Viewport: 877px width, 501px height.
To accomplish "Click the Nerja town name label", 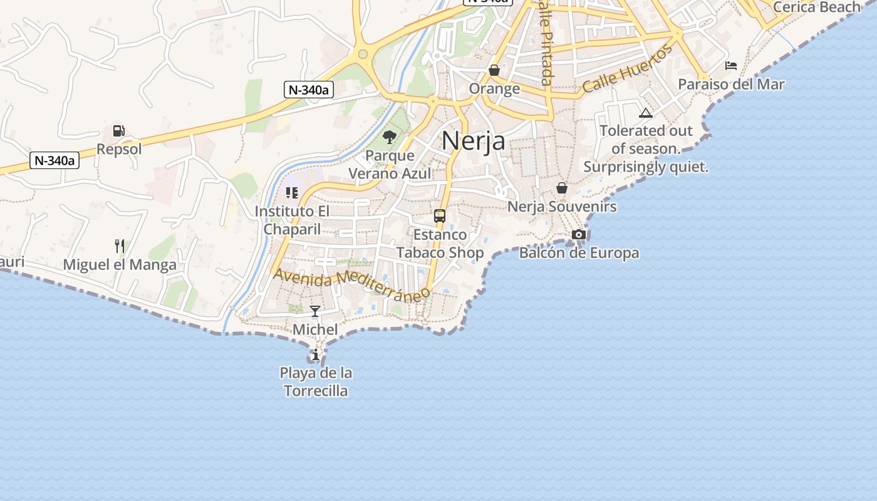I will tap(474, 140).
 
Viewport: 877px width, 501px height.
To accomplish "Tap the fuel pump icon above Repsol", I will tap(119, 131).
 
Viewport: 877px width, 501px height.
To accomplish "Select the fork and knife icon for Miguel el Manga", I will tap(120, 245).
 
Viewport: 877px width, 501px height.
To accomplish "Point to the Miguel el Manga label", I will tap(120, 265).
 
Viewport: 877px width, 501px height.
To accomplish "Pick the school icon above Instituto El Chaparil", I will tap(292, 193).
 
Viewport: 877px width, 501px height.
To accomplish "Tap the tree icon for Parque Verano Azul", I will tap(390, 137).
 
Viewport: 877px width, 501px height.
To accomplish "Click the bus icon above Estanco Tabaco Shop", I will tap(440, 216).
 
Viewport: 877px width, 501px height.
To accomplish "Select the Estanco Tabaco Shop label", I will tap(440, 244).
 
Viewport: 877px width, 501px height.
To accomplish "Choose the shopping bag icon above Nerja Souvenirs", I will tap(562, 188).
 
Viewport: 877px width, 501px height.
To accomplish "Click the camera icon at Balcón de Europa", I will tap(579, 235).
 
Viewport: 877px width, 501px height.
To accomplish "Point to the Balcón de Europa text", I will tap(579, 253).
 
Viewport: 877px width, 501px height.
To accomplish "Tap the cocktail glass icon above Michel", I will tap(315, 311).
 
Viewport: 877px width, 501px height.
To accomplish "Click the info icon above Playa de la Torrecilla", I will tap(316, 355).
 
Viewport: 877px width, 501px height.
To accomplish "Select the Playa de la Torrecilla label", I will tap(316, 382).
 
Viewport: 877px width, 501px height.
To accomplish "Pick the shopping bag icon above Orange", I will tap(494, 70).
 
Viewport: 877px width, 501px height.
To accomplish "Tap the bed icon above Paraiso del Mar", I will tap(731, 66).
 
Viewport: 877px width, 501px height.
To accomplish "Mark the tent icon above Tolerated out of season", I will tap(646, 113).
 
